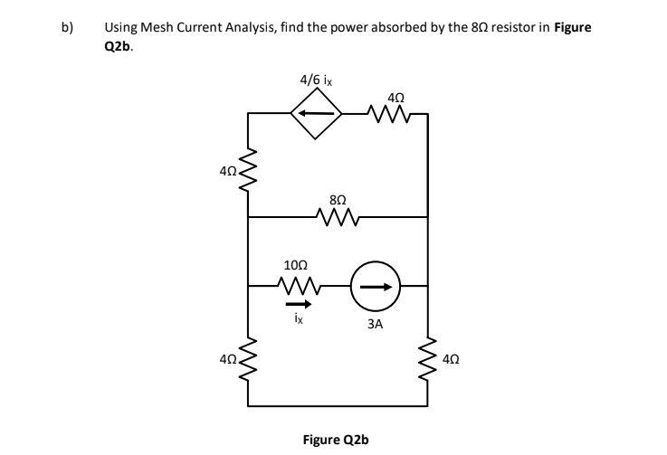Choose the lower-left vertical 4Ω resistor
tap(249, 359)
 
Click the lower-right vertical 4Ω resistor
tap(426, 359)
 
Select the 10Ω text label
tap(295, 265)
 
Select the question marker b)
tap(67, 28)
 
